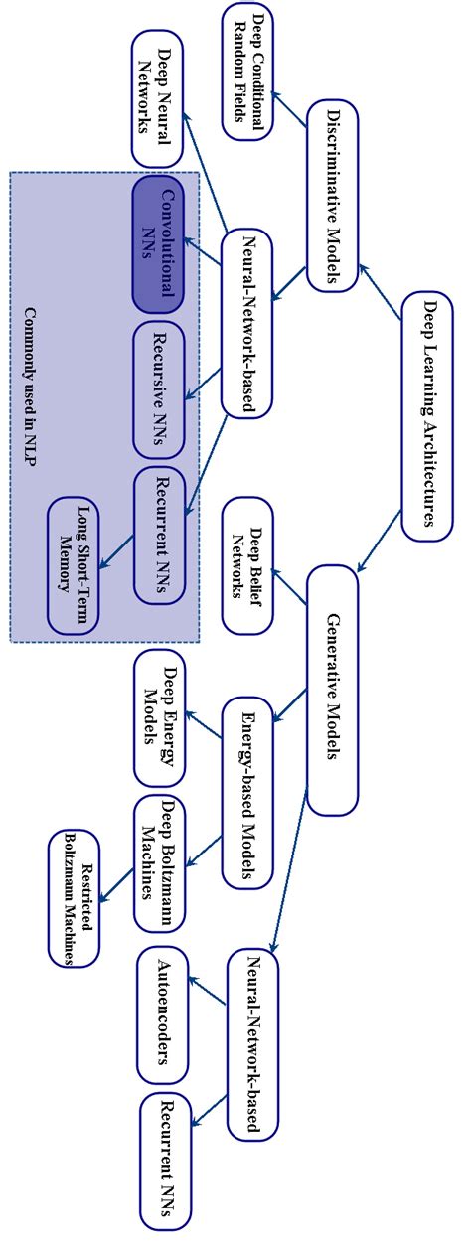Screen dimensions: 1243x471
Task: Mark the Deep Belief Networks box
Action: tap(248, 563)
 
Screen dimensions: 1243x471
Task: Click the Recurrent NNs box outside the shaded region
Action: tap(166, 1155)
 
